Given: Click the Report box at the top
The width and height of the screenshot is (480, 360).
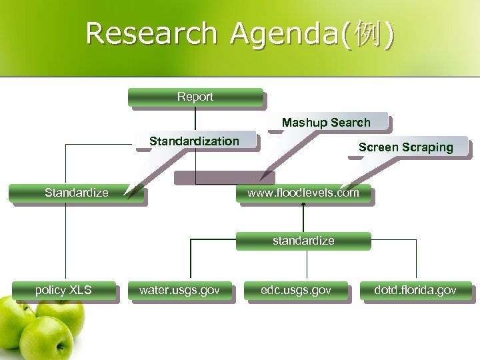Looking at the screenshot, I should click(195, 97).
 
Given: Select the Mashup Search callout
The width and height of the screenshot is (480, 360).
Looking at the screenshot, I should click(326, 123).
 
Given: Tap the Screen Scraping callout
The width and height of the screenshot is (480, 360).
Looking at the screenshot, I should click(405, 147).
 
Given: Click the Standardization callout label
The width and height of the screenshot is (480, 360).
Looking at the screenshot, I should click(194, 141).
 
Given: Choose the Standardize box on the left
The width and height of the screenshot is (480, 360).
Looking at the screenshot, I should click(76, 193).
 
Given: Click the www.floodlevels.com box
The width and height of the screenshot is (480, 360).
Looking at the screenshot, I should click(303, 193).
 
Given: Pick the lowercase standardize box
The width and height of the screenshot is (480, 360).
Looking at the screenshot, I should click(303, 240).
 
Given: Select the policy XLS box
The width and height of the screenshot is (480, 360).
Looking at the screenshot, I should click(63, 290).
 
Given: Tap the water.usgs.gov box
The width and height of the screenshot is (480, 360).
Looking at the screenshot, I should click(179, 290).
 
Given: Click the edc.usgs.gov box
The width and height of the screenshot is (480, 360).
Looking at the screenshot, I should click(296, 290).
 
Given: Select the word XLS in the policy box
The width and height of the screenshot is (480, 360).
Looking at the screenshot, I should click(80, 290).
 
